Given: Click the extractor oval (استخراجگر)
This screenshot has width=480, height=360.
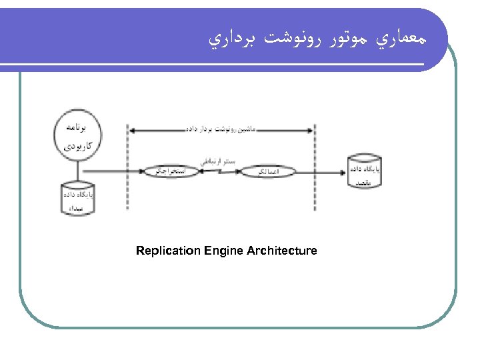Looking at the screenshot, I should click(x=166, y=172).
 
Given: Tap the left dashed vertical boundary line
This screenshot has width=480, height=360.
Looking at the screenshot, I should click(x=129, y=167).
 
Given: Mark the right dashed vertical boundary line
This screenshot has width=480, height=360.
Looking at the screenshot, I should click(x=314, y=167).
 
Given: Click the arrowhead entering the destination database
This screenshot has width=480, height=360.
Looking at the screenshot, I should click(x=343, y=172).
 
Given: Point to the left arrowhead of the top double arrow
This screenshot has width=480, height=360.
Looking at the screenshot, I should click(x=132, y=129).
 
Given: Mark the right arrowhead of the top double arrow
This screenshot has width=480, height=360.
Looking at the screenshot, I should click(x=310, y=129).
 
